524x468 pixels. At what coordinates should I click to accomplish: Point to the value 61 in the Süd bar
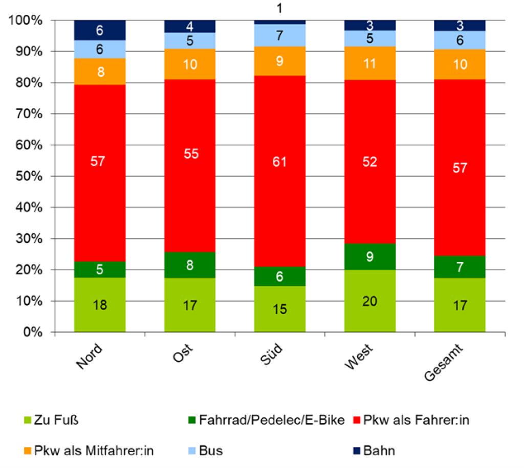pyautogui.click(x=280, y=162)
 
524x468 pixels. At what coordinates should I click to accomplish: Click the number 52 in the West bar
pyautogui.click(x=369, y=162)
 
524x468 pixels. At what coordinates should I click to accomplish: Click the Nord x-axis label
pyautogui.click(x=90, y=358)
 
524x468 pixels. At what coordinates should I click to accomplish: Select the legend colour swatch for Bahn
pyautogui.click(x=357, y=451)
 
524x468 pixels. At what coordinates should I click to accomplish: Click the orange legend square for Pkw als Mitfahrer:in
pyautogui.click(x=29, y=451)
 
